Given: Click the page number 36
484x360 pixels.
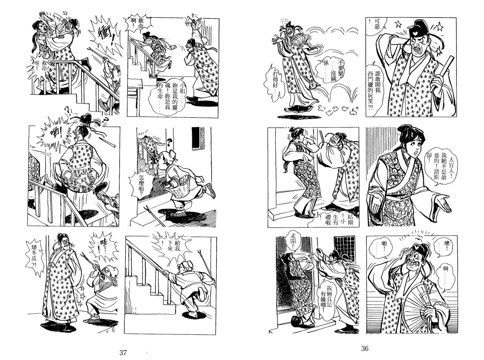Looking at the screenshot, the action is tap(365, 348).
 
